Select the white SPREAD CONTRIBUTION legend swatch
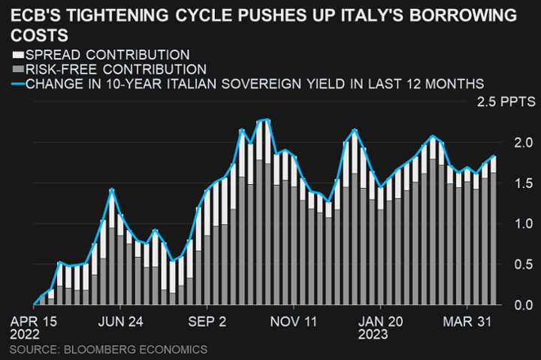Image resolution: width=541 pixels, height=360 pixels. coord(17,56)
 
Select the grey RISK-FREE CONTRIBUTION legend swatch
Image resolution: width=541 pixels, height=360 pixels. coord(17,69)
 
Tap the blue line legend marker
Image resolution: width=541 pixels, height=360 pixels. coord(17,83)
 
